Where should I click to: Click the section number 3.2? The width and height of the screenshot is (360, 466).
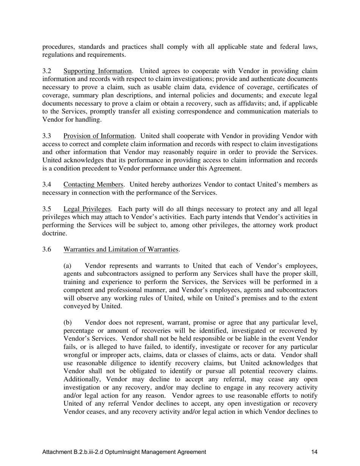47,71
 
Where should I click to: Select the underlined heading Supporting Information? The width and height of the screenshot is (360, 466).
98,71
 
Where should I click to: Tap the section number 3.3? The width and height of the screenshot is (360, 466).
47,136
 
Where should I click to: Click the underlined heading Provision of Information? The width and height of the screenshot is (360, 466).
99,136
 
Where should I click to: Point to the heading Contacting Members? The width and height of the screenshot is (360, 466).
94,185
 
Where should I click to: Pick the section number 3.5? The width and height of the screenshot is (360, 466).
47,209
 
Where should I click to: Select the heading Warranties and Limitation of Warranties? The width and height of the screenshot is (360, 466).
121,249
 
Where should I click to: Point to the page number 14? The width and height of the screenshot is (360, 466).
314,452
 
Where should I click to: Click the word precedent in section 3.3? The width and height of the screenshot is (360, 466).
102,169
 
